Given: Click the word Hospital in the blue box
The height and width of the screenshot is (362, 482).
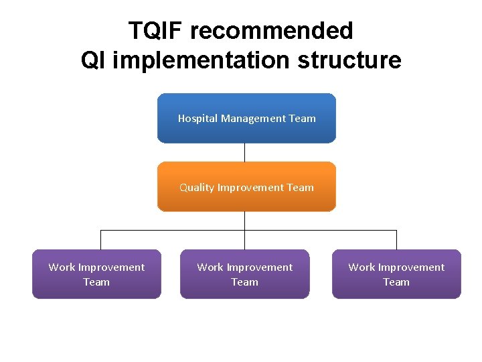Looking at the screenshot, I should pos(197,119).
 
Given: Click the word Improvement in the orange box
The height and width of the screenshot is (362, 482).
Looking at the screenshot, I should pos(250,188).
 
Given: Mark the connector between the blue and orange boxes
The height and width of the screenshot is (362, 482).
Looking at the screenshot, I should pos(244,152).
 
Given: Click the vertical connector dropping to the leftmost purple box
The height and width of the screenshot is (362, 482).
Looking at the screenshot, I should pos(100,240).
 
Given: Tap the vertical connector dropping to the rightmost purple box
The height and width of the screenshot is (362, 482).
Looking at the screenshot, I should pos(396,240).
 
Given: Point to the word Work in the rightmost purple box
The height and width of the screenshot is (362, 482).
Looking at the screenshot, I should pos(361,267).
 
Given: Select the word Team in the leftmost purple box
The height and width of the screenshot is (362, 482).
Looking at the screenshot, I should pos(96,282).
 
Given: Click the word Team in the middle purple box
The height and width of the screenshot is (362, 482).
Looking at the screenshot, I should pos(244,282).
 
